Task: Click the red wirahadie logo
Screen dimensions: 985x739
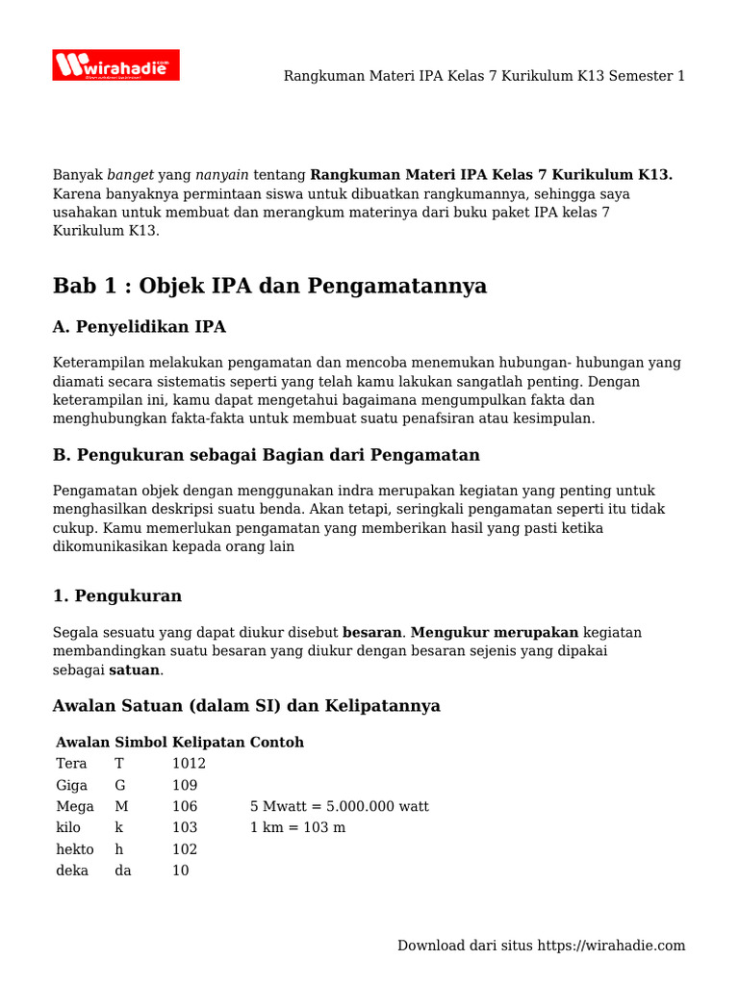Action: (115, 65)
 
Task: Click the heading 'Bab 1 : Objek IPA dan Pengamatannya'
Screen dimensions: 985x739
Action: (269, 286)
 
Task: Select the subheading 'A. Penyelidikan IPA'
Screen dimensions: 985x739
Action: (140, 327)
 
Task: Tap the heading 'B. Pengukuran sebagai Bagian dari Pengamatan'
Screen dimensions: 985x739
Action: (266, 454)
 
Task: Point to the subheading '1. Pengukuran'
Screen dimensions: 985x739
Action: (116, 595)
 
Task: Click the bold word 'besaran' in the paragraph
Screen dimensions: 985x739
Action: (371, 633)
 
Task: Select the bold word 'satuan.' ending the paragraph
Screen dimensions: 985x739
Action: (136, 669)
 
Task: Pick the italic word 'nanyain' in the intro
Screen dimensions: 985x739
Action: (222, 175)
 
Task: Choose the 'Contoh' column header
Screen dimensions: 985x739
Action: (277, 742)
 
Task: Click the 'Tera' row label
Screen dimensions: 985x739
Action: (71, 764)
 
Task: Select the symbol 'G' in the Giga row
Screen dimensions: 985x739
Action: (120, 785)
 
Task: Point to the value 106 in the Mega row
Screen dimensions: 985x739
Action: (185, 806)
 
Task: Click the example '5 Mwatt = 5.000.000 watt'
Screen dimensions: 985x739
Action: (339, 806)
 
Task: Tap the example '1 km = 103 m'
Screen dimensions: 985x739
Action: (297, 827)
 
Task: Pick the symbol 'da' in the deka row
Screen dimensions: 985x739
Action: (123, 871)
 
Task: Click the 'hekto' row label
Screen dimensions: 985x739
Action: (75, 849)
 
